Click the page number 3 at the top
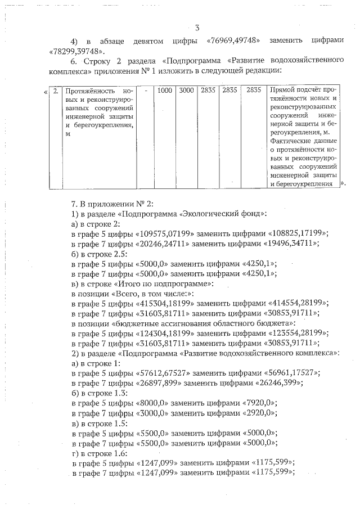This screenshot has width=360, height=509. click(197, 28)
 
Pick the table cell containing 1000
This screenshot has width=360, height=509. click(165, 90)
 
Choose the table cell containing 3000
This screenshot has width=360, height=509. click(186, 90)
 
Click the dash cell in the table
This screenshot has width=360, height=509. click(146, 90)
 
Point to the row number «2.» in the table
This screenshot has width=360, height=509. click(55, 90)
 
